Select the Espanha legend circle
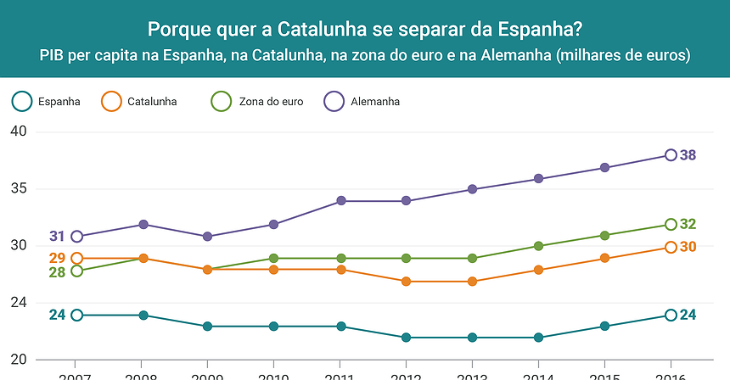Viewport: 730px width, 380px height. click(23, 102)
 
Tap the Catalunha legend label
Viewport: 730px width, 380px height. click(152, 102)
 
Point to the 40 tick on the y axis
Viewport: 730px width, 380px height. click(19, 131)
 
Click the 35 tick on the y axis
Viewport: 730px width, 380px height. click(19, 189)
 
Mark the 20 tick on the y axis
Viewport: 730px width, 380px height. click(19, 360)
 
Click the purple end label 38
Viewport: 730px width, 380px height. click(688, 155)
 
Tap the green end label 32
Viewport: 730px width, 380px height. click(688, 225)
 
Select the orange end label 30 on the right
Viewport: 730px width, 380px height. click(688, 247)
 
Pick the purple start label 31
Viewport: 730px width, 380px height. click(57, 237)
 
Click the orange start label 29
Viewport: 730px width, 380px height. click(57, 258)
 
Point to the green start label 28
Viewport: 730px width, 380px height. click(57, 272)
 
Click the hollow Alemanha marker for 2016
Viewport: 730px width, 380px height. click(671, 155)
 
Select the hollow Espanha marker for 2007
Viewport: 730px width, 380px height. click(77, 315)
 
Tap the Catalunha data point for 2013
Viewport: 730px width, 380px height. click(472, 282)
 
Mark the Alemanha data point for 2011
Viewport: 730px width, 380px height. click(340, 201)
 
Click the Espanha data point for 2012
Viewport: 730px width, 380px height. click(407, 338)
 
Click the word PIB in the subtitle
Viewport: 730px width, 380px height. click(53, 55)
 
